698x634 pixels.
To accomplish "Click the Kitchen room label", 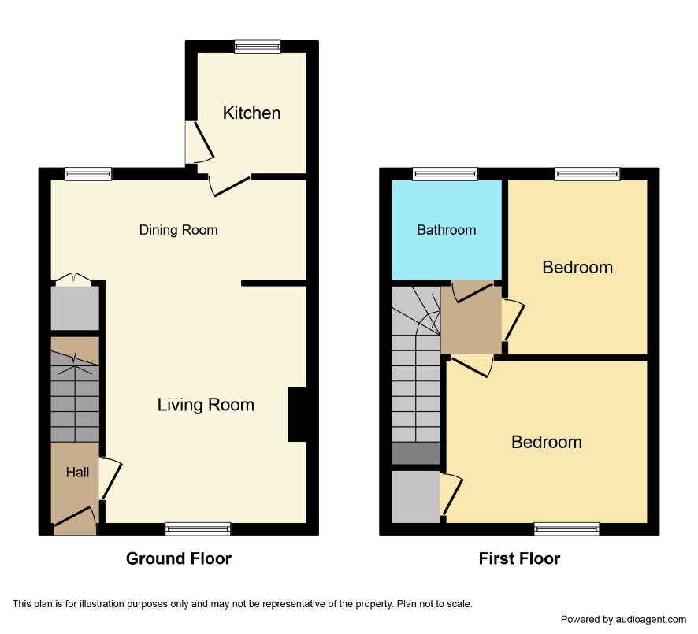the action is coord(251,113).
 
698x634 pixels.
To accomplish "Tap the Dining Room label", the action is coord(179,230).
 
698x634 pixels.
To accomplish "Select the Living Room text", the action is coord(206,405).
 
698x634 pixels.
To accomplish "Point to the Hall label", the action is coord(77,472).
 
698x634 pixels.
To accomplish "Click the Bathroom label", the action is coord(447,229).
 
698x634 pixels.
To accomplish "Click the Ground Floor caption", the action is coord(179,558).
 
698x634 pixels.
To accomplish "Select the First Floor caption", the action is coord(519,558).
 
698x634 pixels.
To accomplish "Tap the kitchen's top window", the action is coord(258,46).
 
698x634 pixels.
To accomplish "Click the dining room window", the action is coord(88,174).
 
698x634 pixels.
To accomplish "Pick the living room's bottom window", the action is coord(198,528).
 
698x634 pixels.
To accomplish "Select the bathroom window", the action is coord(445,174).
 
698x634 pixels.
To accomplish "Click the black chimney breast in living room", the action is coord(297,414).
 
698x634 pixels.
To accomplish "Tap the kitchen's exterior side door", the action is coord(199,143).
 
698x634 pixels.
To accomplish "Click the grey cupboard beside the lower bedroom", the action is coord(415,497).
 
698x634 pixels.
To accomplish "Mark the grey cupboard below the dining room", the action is coord(75,308).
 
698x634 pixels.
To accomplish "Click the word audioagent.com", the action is coord(651,619).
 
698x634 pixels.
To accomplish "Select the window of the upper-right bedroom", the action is coord(587,174).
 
